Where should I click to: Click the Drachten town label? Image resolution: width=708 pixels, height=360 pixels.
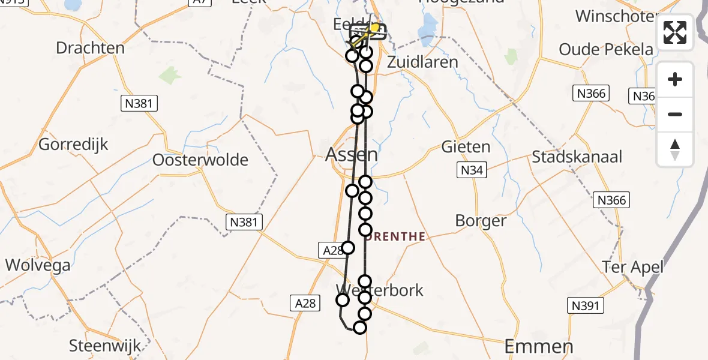[x=90, y=48]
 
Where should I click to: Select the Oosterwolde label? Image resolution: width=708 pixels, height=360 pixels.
[x=200, y=160]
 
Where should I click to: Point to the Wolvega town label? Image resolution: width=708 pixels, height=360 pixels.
[x=38, y=265]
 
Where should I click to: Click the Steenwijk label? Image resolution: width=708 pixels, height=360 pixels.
[x=105, y=346]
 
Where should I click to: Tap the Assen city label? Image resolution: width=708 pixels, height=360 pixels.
[x=352, y=155]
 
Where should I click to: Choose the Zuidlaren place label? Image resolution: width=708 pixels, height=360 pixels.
[x=422, y=62]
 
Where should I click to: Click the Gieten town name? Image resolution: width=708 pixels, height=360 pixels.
[x=466, y=147]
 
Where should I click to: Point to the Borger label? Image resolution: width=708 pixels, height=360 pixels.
[x=481, y=221]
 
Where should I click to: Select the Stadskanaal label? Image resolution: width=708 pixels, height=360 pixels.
[x=577, y=157]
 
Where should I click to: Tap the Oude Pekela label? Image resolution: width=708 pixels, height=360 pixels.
[x=606, y=49]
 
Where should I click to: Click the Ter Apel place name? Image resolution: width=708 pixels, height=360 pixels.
[x=634, y=267]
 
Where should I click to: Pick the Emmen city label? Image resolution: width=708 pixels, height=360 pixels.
[x=539, y=346]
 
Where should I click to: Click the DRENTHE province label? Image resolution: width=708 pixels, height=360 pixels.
[x=395, y=237]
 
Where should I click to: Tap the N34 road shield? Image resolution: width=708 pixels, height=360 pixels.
[x=472, y=171]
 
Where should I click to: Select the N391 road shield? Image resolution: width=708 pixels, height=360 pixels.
[x=584, y=306]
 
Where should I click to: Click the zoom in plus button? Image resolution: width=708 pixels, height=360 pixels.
[x=675, y=79]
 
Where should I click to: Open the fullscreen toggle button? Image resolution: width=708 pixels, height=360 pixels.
[x=675, y=32]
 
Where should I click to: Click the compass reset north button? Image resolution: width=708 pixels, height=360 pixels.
[x=675, y=149]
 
